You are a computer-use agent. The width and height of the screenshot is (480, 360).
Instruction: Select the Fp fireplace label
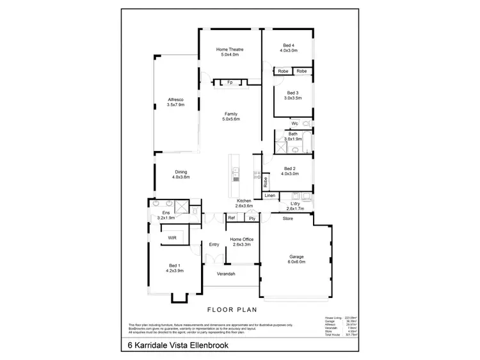(230, 82)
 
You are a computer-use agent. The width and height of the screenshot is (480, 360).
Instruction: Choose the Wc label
(294, 123)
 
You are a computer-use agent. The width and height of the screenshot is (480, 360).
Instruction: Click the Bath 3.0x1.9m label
(293, 137)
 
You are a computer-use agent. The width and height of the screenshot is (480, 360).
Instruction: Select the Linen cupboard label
(269, 195)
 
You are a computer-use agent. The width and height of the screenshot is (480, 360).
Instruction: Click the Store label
(287, 219)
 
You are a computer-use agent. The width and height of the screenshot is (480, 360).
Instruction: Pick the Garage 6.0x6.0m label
(295, 260)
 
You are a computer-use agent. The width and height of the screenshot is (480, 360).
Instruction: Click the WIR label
(172, 238)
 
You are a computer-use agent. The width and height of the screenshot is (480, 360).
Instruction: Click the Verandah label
(227, 274)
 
